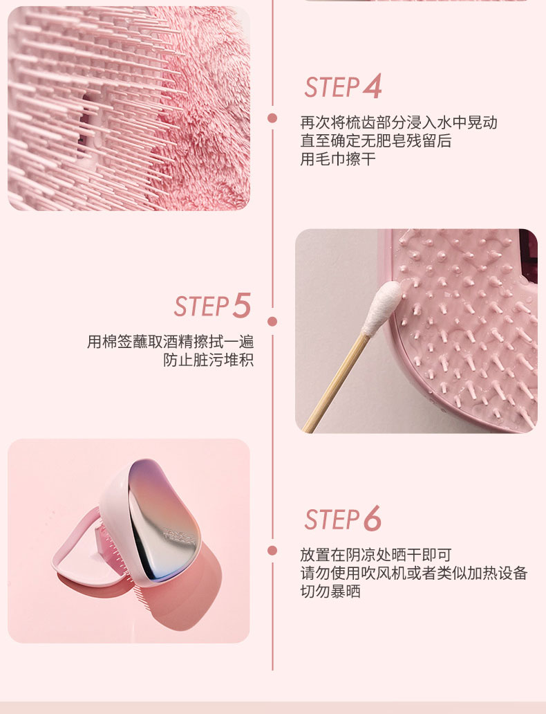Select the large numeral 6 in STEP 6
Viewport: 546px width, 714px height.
coord(372,518)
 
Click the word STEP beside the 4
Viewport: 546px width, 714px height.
coord(332,87)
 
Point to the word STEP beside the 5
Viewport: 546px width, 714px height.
coord(202,306)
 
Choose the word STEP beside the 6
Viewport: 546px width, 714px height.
coord(332,520)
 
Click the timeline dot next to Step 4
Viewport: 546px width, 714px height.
coord(272,118)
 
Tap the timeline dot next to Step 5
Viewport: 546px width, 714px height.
coord(272,322)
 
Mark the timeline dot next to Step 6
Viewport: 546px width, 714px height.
coord(272,551)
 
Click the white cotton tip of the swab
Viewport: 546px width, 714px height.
coord(382,306)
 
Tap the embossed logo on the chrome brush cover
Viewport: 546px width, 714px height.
coord(180,535)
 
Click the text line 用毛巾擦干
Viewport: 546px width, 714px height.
coord(337,159)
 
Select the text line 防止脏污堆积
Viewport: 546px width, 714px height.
coord(209,360)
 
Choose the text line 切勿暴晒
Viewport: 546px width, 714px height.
coord(330,591)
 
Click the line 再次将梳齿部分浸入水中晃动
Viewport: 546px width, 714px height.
coord(399,122)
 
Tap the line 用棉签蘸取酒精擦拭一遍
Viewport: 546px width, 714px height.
coord(171,342)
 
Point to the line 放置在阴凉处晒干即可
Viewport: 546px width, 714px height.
coord(376,555)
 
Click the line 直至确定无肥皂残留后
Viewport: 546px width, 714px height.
coord(376,140)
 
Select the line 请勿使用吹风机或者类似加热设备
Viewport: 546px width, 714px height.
coord(413,573)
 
